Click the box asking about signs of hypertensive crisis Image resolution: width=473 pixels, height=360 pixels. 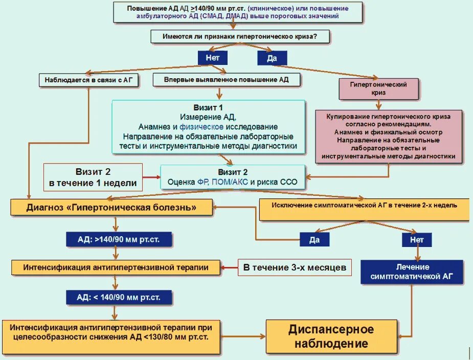(x=239, y=36)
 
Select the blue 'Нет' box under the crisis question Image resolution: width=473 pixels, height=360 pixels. (x=212, y=58)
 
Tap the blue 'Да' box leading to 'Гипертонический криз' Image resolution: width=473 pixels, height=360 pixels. (x=272, y=58)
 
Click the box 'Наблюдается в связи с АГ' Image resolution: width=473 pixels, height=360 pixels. (x=88, y=80)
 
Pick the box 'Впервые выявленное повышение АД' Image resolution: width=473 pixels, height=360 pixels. (x=227, y=80)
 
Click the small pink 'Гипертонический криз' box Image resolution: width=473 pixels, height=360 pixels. (x=378, y=89)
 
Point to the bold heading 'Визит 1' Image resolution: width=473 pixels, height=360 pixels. (x=208, y=108)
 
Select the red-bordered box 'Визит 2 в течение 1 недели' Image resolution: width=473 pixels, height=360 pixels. (x=93, y=177)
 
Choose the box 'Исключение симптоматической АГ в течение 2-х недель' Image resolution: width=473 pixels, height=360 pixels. (x=365, y=206)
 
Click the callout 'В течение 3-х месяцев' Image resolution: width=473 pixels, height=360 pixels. (x=295, y=267)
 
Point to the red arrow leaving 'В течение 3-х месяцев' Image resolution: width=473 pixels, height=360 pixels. (x=231, y=267)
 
